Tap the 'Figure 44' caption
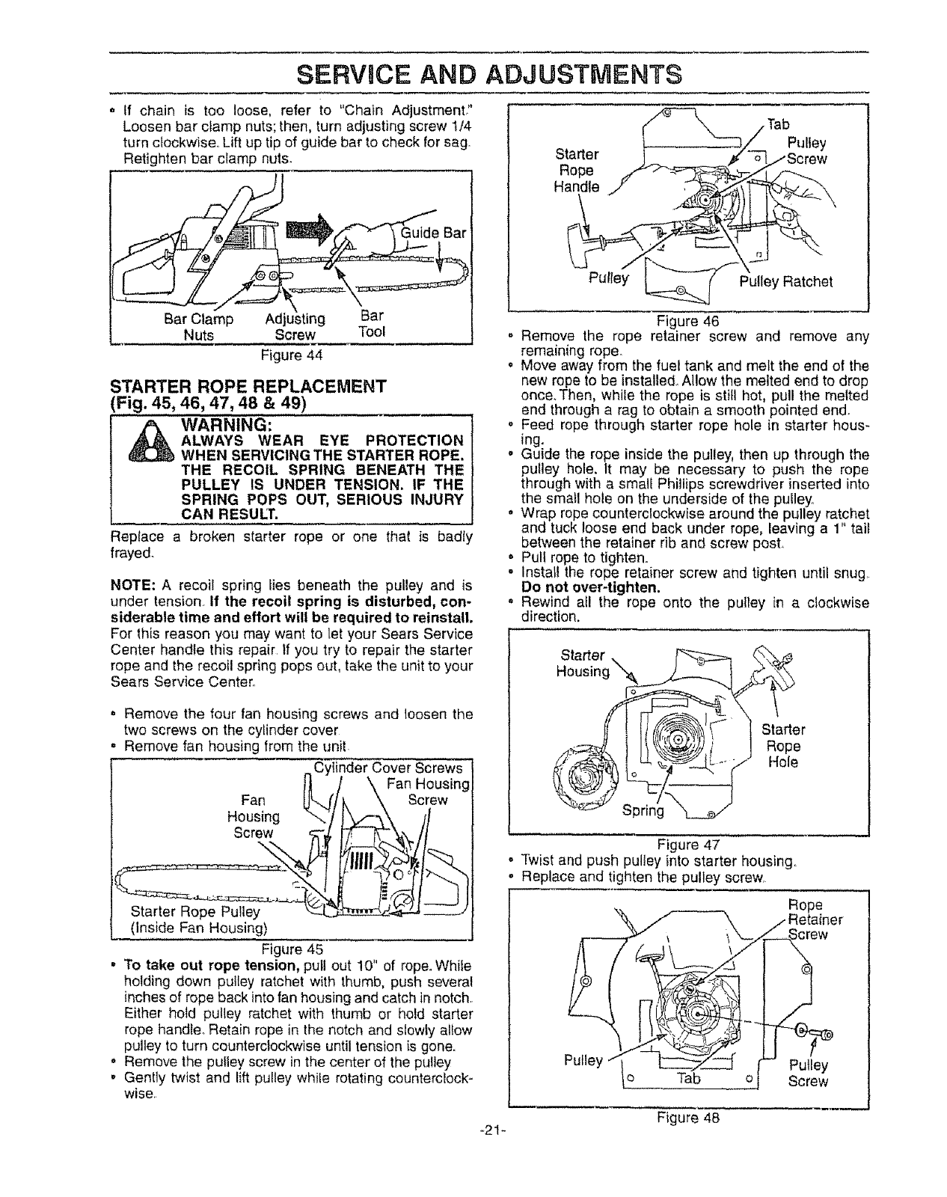[290, 353]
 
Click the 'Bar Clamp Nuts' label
[199, 327]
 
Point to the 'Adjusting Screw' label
[295, 327]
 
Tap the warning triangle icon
[145, 446]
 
